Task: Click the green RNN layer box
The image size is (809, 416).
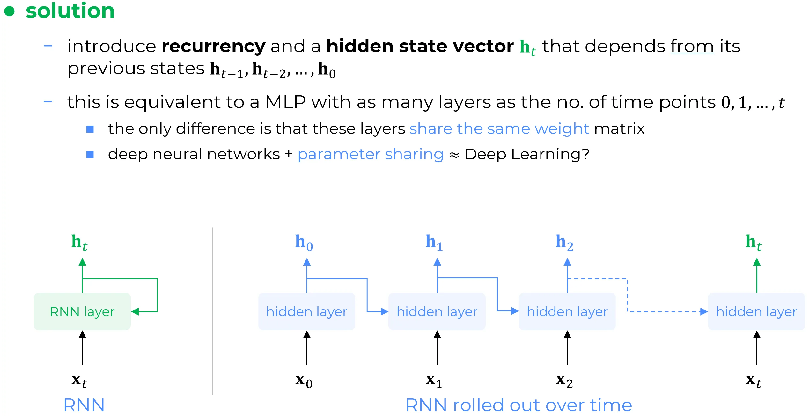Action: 82,311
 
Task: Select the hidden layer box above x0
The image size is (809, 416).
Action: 306,311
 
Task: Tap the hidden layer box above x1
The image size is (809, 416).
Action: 437,311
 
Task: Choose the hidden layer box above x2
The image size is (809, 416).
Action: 567,311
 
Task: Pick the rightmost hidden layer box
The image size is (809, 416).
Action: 756,311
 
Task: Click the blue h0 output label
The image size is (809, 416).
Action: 304,243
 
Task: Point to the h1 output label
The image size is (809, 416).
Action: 434,243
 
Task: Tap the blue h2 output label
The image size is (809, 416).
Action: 564,243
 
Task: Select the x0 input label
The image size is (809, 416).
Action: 304,381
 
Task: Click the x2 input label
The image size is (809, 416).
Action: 564,381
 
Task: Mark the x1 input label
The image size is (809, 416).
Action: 434,381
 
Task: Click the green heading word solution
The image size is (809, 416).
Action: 70,11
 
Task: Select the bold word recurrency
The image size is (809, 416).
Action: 213,47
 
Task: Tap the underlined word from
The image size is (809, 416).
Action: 692,47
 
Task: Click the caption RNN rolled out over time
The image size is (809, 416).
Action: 518,405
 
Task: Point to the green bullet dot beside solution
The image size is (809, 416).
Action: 10,11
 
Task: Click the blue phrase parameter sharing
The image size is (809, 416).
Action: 371,155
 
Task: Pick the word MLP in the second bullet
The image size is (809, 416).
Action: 285,102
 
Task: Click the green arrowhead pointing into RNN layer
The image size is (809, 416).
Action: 135,311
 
